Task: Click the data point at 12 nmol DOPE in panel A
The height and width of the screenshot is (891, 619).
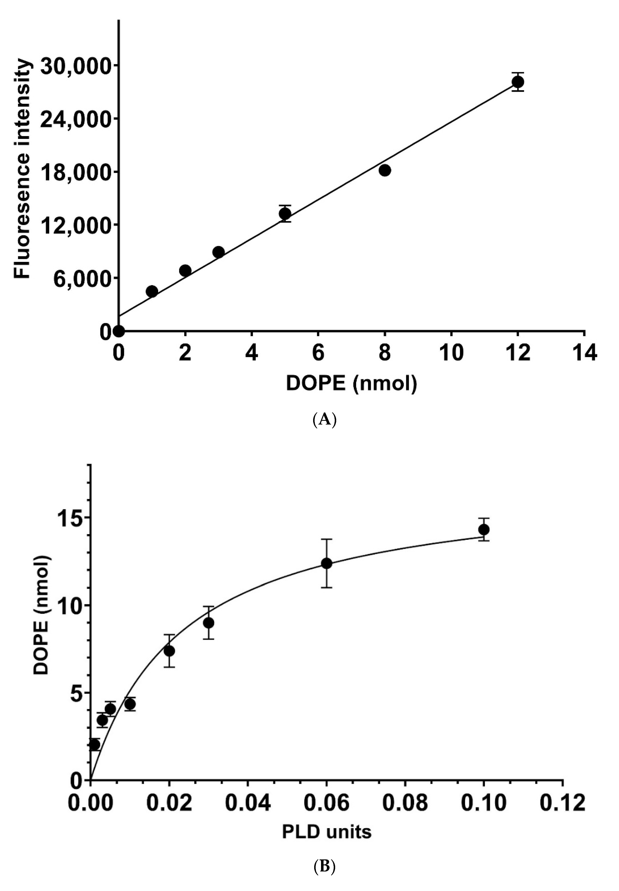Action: click(517, 82)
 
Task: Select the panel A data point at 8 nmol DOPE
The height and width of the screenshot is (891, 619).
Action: click(385, 170)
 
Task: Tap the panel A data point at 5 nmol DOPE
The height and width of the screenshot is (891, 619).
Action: click(285, 213)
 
